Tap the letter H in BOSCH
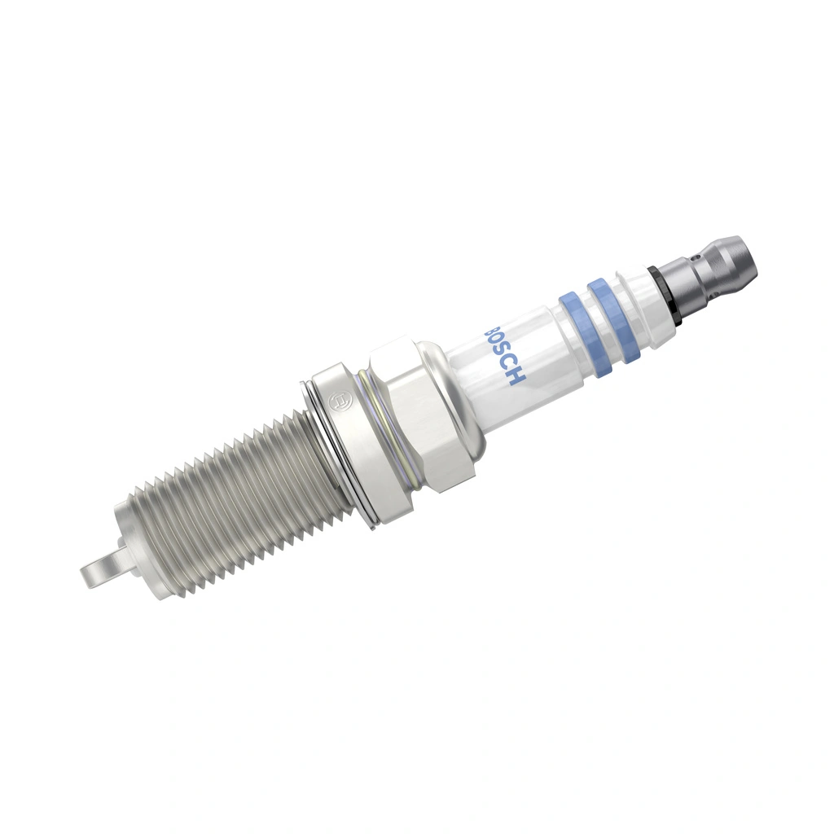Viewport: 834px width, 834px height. pos(518,377)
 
